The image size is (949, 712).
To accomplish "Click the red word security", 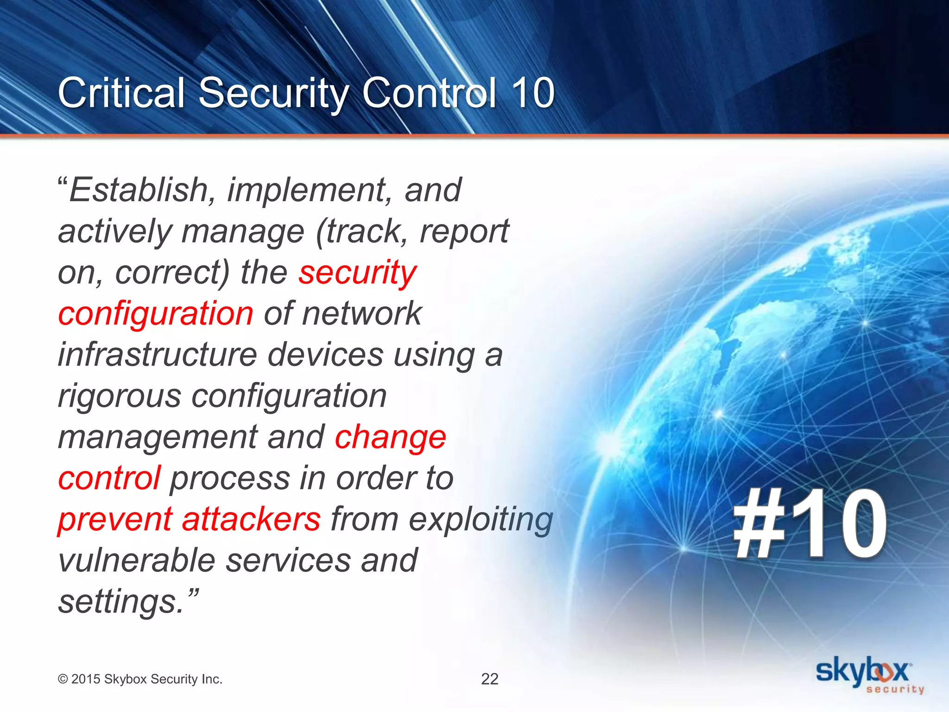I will (x=357, y=273).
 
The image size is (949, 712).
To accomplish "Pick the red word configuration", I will (x=156, y=313).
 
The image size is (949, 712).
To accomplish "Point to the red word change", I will (x=390, y=437).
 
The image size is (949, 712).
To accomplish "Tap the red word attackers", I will (x=251, y=519).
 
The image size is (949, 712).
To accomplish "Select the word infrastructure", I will (x=158, y=355).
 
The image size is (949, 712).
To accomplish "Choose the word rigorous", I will (x=120, y=397).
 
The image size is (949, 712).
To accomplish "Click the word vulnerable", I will (x=137, y=560).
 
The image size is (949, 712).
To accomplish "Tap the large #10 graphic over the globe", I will (x=810, y=524).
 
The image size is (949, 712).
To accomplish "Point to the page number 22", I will (x=489, y=679).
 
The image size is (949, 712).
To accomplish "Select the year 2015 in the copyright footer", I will (x=86, y=679).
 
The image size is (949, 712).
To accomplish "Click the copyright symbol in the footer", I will (x=63, y=680).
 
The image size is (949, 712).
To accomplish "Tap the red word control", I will (x=109, y=478).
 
